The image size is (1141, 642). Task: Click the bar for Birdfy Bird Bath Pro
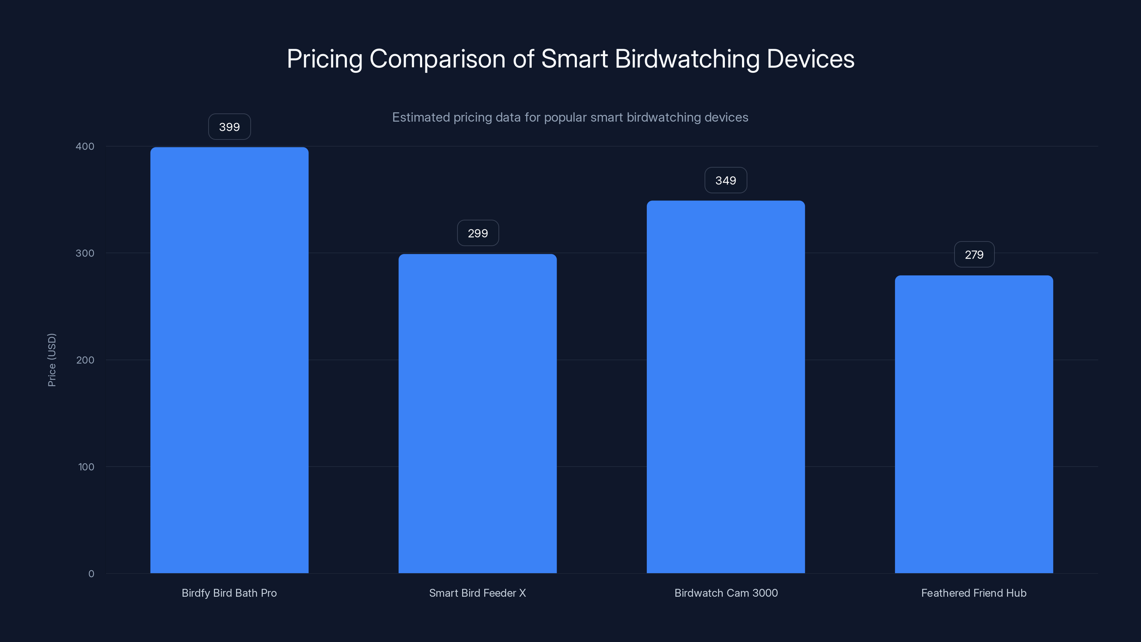(229, 360)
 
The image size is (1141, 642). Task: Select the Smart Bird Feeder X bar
(477, 413)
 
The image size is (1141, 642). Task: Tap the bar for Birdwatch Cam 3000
(726, 386)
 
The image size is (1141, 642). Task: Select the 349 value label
(726, 180)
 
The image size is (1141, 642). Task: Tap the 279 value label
(974, 255)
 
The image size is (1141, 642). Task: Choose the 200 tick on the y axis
(85, 360)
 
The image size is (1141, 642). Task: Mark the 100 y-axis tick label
(86, 467)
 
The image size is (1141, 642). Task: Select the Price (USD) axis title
(52, 360)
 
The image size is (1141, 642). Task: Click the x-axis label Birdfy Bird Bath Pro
(229, 593)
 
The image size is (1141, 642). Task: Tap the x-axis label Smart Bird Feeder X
(477, 593)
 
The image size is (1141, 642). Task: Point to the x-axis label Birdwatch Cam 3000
(726, 593)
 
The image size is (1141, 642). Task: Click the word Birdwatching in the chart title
(687, 59)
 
